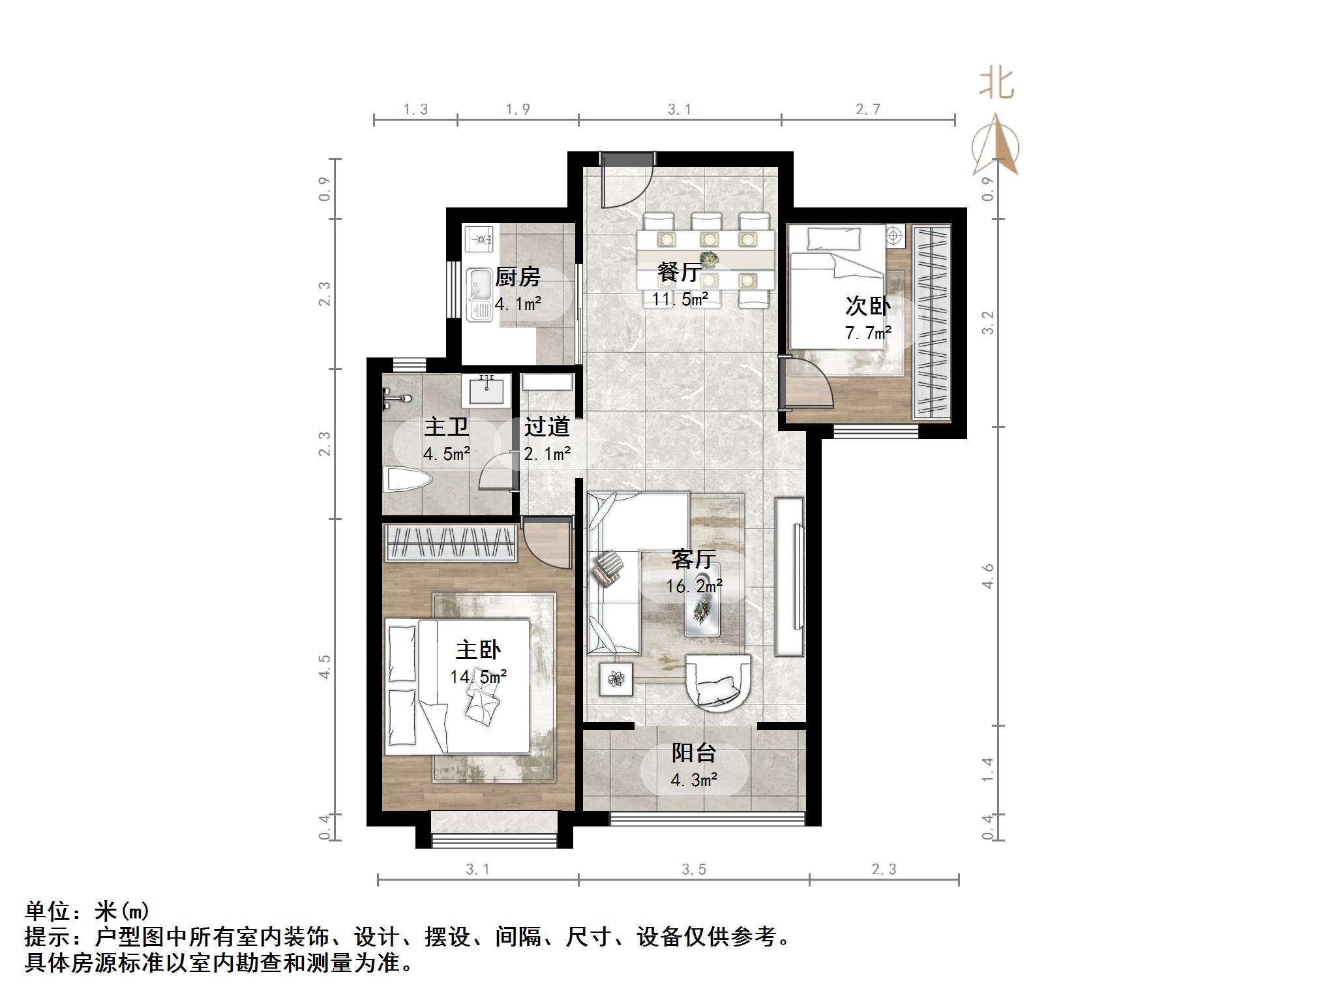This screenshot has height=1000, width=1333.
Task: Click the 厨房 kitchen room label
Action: pyautogui.click(x=517, y=277)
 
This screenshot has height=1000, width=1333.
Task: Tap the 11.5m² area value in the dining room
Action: pyautogui.click(x=680, y=299)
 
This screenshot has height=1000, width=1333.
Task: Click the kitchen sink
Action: pyautogui.click(x=480, y=295)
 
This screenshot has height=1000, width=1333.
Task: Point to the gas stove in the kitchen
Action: pyautogui.click(x=480, y=239)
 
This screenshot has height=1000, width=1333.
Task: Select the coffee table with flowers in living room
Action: pyautogui.click(x=703, y=607)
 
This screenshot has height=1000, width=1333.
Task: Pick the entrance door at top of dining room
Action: pyautogui.click(x=626, y=179)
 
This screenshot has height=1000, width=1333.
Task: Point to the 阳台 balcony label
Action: pyautogui.click(x=694, y=753)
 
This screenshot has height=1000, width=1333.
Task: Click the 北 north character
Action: pyautogui.click(x=996, y=84)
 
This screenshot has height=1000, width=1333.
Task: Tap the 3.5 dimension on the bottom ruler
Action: pyautogui.click(x=693, y=870)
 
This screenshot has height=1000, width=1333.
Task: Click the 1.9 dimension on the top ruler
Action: pyautogui.click(x=518, y=110)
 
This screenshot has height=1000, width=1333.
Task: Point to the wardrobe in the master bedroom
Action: pyautogui.click(x=449, y=543)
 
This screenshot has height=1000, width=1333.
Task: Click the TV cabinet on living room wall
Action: pyautogui.click(x=790, y=577)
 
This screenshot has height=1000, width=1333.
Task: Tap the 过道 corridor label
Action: pyautogui.click(x=547, y=427)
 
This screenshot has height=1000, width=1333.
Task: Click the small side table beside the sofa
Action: pyautogui.click(x=616, y=680)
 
